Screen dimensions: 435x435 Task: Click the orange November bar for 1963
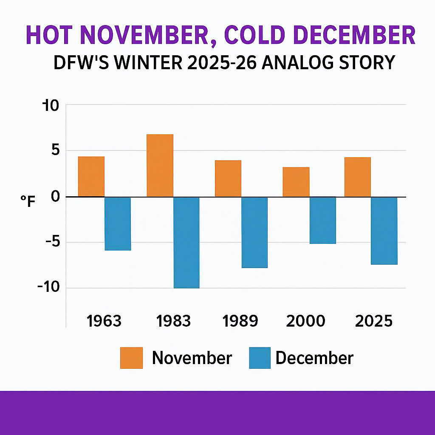click(x=91, y=176)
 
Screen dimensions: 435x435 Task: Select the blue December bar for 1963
click(x=118, y=223)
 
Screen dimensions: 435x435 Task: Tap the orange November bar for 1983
click(x=160, y=165)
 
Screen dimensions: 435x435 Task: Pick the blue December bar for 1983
click(x=186, y=243)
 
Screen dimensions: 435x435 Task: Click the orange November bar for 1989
click(x=228, y=178)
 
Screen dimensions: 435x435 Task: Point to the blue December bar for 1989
click(x=254, y=232)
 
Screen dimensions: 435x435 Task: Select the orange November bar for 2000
click(x=296, y=181)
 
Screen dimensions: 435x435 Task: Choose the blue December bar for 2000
click(x=323, y=220)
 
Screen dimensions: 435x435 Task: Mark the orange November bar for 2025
click(x=357, y=177)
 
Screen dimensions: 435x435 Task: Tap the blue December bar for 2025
click(x=384, y=231)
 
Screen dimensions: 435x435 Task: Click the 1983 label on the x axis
click(x=173, y=321)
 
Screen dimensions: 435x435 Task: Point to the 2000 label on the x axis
click(x=306, y=321)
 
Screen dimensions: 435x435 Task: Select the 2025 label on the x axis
click(x=374, y=321)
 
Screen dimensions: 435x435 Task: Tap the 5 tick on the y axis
click(x=55, y=150)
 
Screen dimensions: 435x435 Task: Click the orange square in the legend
click(x=131, y=358)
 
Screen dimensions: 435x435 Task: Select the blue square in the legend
click(x=260, y=358)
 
